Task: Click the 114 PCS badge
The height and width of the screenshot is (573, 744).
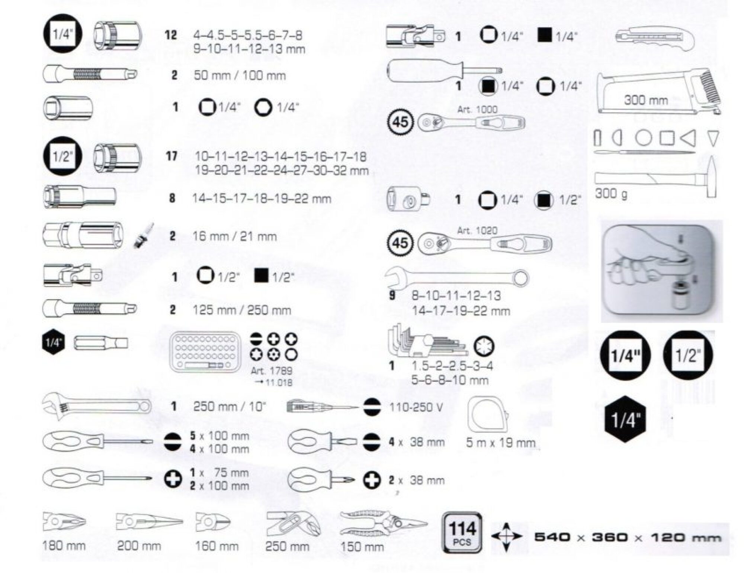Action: [x=462, y=532]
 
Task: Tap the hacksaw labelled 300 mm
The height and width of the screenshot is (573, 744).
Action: [x=659, y=91]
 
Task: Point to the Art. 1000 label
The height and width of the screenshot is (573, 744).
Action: [x=477, y=109]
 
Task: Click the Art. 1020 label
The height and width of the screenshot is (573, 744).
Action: [x=477, y=231]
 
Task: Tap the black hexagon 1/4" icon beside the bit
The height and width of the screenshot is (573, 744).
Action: [x=53, y=342]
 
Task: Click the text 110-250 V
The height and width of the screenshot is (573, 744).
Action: [x=416, y=407]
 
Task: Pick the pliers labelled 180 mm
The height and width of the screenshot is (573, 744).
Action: [x=64, y=522]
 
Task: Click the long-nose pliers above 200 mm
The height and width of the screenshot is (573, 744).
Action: [x=149, y=522]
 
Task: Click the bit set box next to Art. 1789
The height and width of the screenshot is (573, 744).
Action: [x=205, y=352]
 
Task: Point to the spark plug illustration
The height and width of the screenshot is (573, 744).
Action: [x=144, y=236]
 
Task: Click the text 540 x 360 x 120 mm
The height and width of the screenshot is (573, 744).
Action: [x=628, y=537]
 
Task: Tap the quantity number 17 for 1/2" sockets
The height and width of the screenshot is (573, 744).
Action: [x=171, y=156]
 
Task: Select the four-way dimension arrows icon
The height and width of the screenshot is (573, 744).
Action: [x=506, y=537]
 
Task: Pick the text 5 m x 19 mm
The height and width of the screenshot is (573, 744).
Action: [x=501, y=443]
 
